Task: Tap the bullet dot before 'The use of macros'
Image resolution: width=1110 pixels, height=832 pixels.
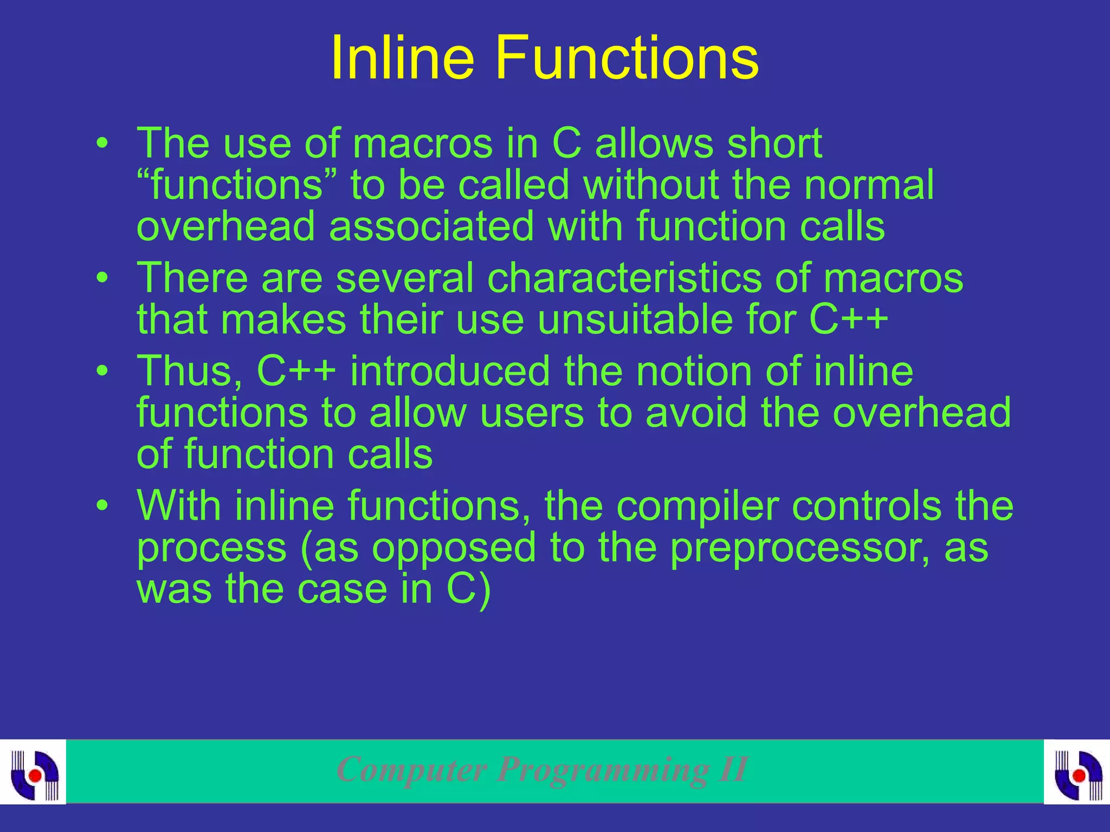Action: tap(102, 145)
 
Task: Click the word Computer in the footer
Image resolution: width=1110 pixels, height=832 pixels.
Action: tap(412, 770)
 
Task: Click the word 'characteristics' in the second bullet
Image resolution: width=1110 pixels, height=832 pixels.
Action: tap(624, 278)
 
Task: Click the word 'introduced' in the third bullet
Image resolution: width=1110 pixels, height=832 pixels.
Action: tap(450, 372)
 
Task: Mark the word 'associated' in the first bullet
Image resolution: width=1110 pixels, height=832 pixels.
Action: tap(431, 226)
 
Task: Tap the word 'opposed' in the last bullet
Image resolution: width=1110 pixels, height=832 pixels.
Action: tap(454, 548)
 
